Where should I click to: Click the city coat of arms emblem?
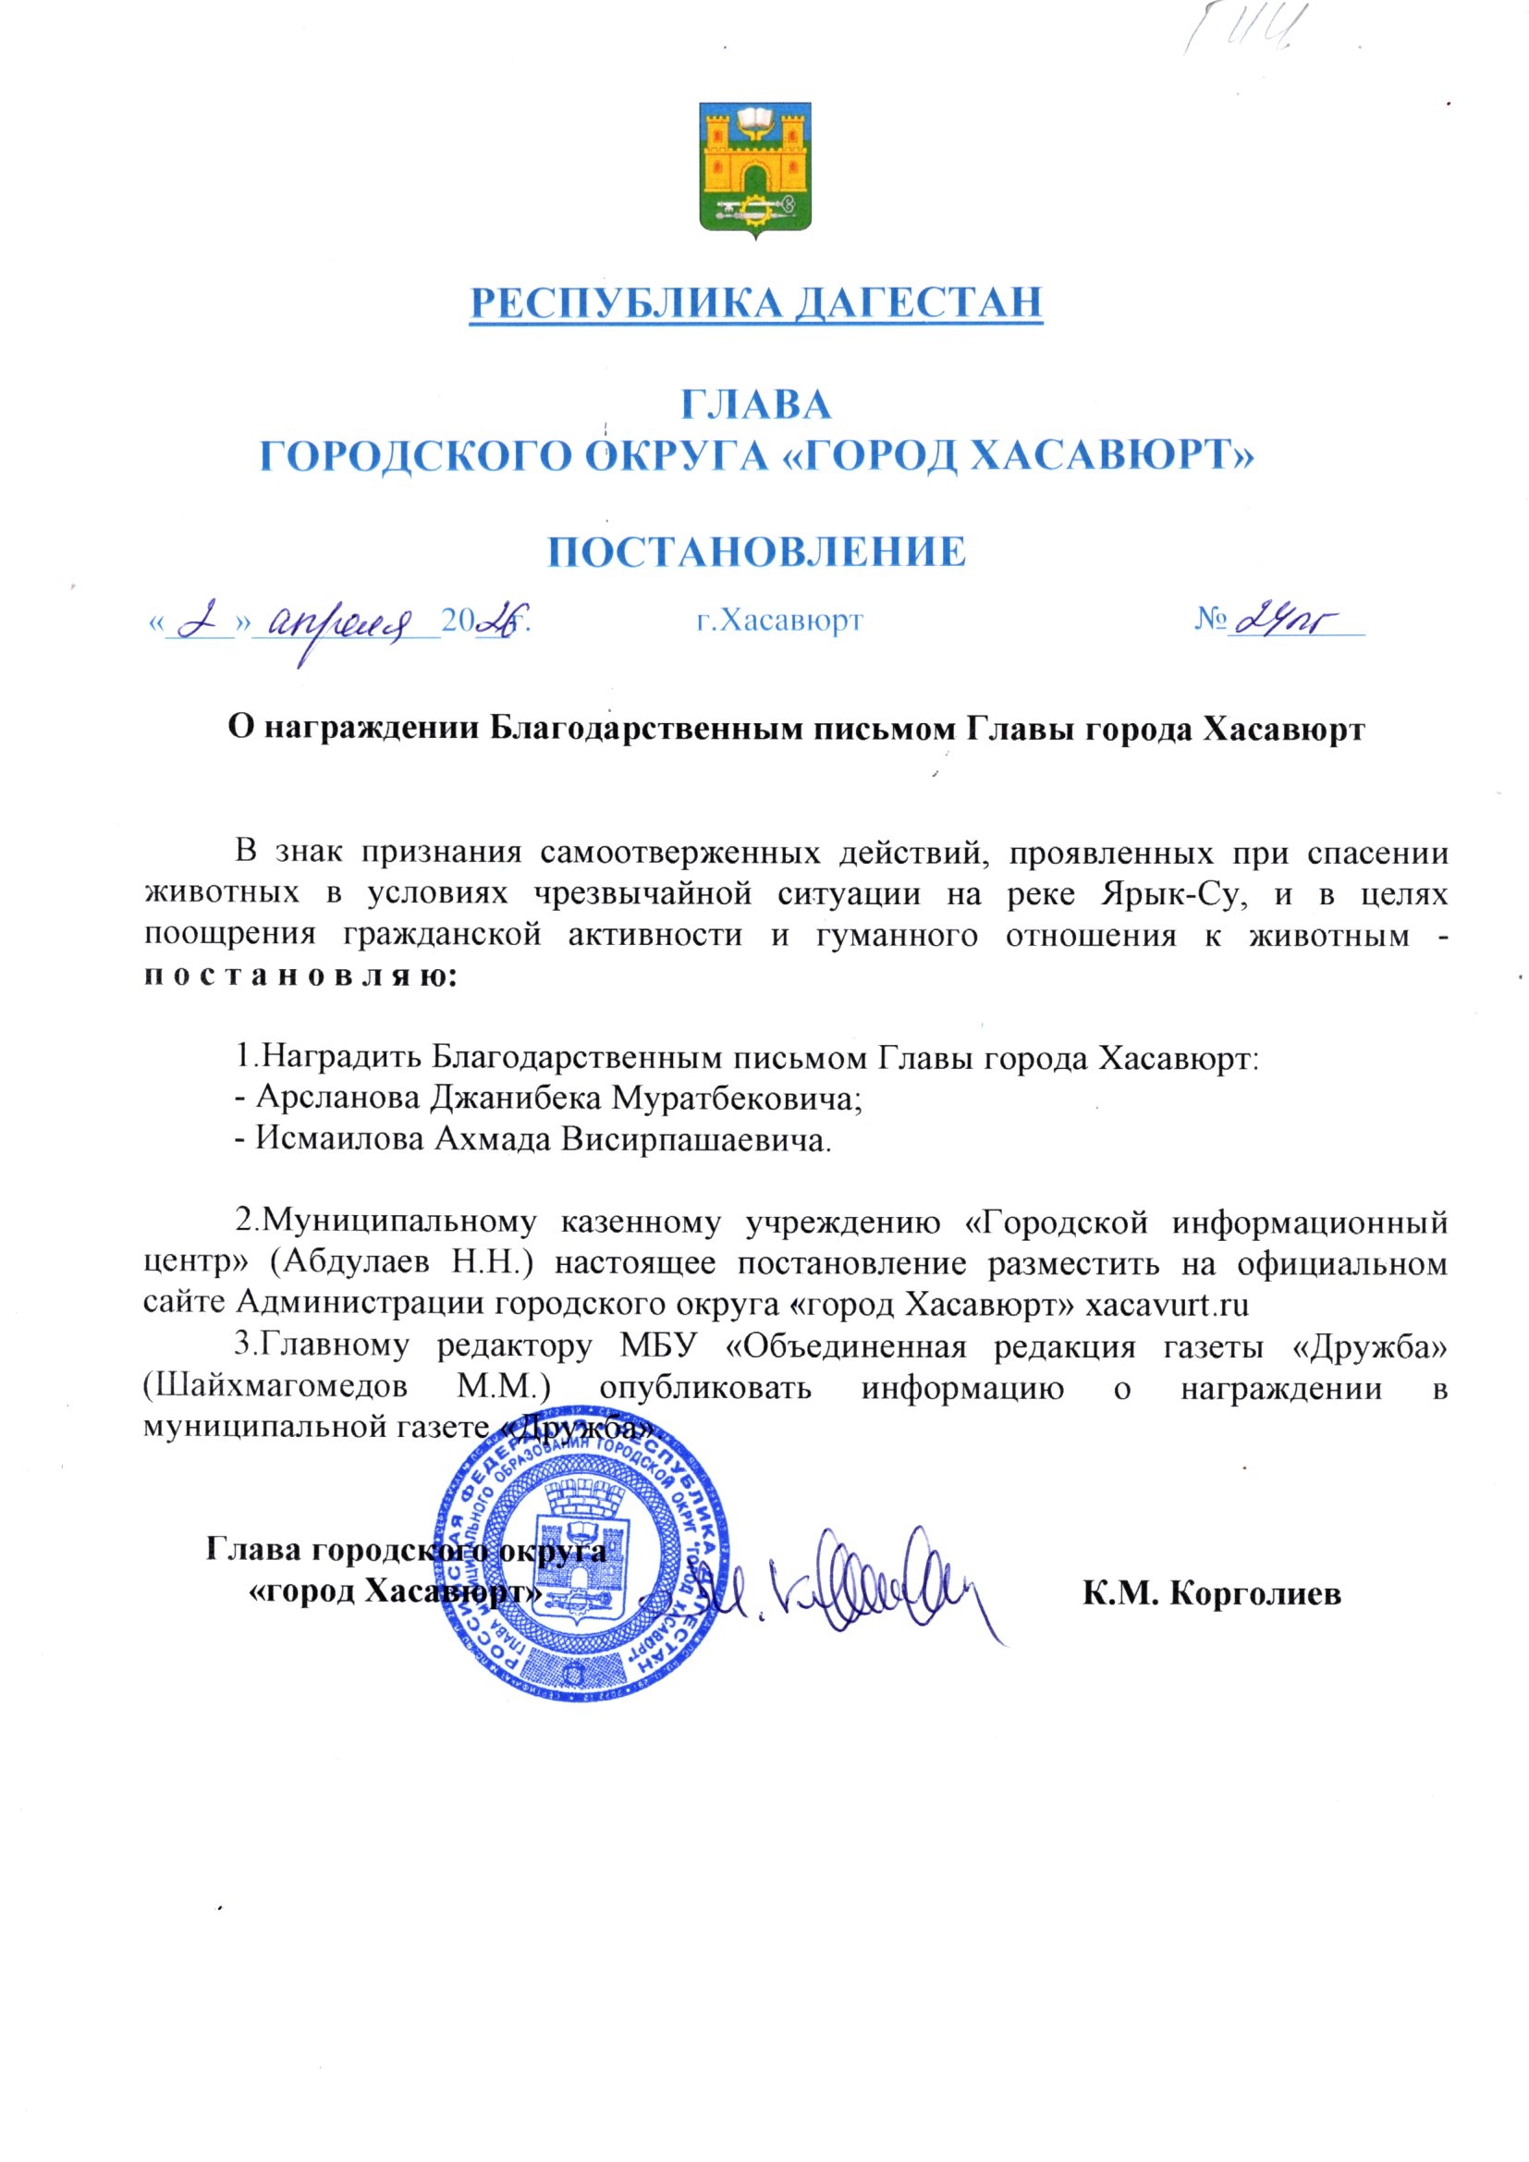(x=755, y=168)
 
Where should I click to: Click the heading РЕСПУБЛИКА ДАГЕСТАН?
(x=756, y=302)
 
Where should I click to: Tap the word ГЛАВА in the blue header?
(x=756, y=405)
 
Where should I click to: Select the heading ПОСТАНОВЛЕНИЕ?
(x=757, y=552)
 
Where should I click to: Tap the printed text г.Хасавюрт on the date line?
(x=778, y=620)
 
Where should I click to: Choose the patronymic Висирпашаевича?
(x=696, y=1140)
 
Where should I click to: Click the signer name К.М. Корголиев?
(x=1211, y=1593)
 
